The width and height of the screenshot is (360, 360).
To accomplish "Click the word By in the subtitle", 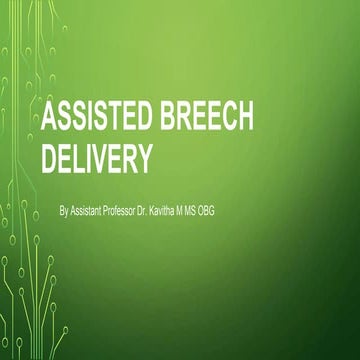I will click(x=65, y=212).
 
